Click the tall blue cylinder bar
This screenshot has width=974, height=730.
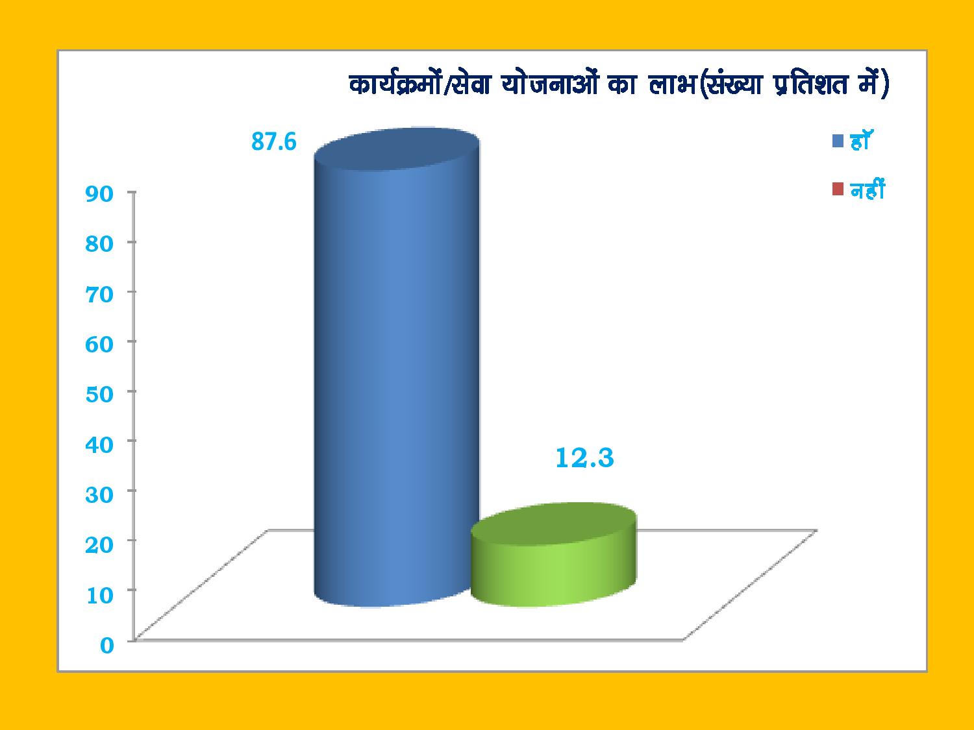tap(396, 367)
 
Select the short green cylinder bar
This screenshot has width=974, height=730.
tap(553, 555)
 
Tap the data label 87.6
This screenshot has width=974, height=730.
tap(274, 142)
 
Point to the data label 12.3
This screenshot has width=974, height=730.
tap(584, 458)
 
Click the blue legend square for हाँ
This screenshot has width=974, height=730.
tap(838, 141)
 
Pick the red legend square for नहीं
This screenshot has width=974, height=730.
tap(838, 189)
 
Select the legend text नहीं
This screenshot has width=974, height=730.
tap(868, 189)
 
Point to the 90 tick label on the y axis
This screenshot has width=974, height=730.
tap(99, 194)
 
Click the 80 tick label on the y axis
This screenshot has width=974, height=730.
tap(99, 244)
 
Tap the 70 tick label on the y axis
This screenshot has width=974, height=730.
tap(99, 295)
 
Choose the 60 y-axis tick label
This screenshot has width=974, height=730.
tap(99, 344)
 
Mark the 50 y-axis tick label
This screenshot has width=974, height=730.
tap(99, 394)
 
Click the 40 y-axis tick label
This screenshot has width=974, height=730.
tap(99, 444)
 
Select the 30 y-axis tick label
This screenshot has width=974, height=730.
tap(99, 494)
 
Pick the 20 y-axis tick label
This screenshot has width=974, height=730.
tap(99, 544)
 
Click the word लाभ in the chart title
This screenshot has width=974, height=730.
tap(672, 84)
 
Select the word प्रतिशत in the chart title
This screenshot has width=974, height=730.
tap(810, 84)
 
